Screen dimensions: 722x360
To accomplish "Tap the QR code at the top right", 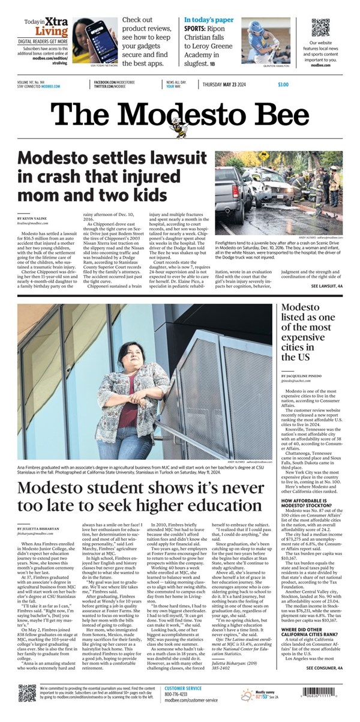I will (x=320, y=28).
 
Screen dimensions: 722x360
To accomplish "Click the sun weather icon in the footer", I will (x=247, y=709).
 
